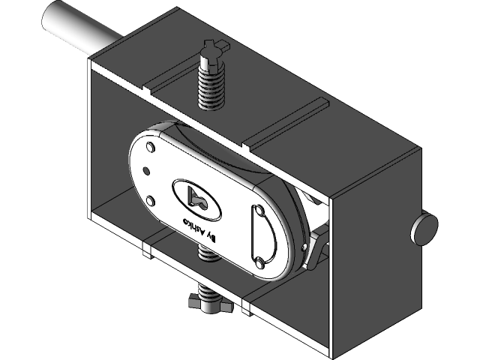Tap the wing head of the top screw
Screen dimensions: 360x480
click(x=214, y=52)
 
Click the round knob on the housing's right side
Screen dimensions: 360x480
click(x=424, y=228)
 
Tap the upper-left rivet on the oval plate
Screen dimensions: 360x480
click(x=151, y=146)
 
